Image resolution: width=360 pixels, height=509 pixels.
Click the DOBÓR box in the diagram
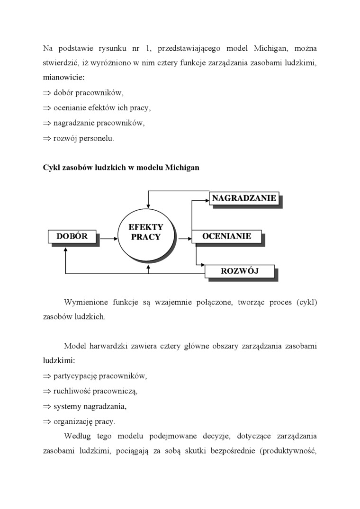coord(72,236)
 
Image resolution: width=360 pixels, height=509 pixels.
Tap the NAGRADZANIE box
coord(243,198)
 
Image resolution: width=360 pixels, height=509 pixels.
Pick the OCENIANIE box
coord(226,236)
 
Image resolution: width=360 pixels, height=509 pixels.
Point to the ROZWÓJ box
coord(239,271)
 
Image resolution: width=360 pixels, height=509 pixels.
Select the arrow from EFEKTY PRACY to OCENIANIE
coord(184,239)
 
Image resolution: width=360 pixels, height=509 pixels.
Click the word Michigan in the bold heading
coord(182,168)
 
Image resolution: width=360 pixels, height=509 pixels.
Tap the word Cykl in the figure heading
coord(51,168)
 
